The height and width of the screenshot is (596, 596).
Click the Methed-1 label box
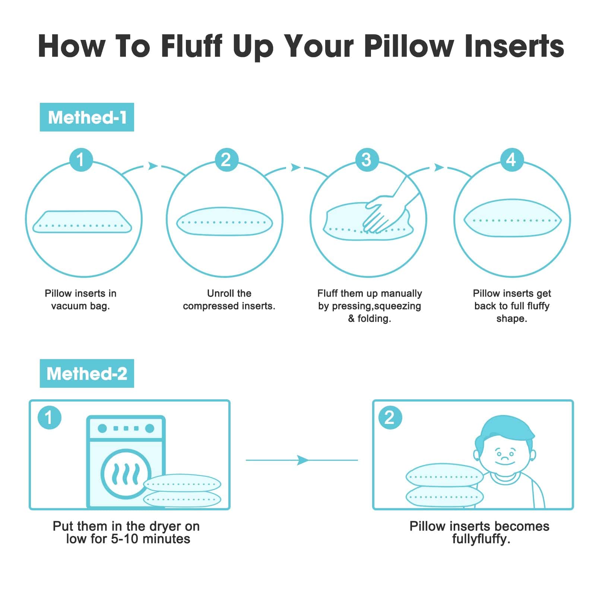[87, 117]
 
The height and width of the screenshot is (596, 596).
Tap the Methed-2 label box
[87, 373]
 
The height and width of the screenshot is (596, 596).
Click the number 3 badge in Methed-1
[367, 160]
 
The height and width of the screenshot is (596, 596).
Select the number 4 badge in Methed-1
[511, 160]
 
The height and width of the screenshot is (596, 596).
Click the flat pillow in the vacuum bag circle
[82, 222]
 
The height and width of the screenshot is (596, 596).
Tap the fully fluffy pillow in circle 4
[512, 218]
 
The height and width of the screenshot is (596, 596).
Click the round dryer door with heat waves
[126, 474]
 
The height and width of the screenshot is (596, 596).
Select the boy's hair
[507, 432]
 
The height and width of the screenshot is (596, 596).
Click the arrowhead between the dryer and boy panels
[303, 460]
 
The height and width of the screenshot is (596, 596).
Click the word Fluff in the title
[192, 46]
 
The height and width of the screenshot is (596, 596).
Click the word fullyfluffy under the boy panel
[481, 539]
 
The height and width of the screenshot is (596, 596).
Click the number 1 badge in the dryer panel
[49, 417]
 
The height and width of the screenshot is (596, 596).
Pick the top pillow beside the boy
[444, 476]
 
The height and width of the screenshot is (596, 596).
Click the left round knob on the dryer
[102, 428]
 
